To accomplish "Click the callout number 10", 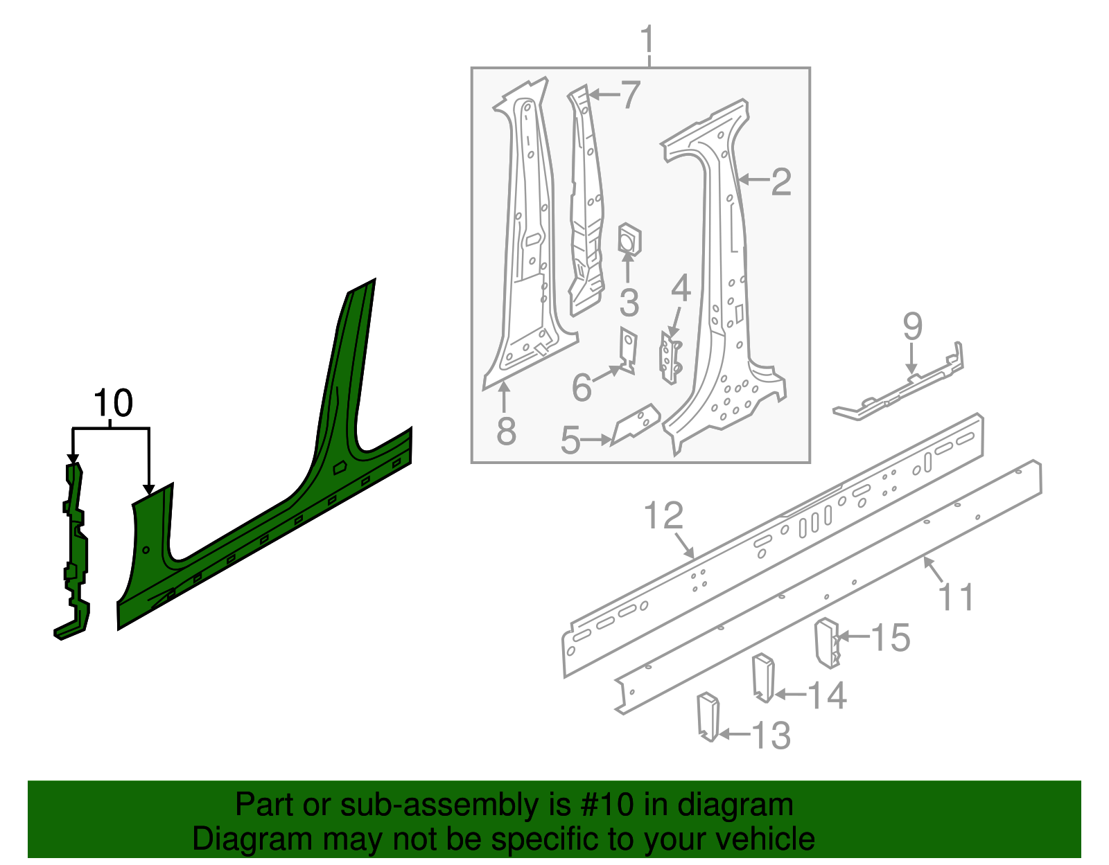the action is tap(113, 402).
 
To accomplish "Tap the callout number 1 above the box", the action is tap(647, 39).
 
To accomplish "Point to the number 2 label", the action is tap(781, 181).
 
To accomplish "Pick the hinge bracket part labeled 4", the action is tap(671, 356).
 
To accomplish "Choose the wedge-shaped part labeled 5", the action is tap(635, 425).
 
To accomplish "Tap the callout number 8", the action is tap(506, 431).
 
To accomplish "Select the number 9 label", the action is tap(913, 326).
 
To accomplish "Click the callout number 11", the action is tap(956, 597).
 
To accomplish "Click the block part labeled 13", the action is tap(708, 716).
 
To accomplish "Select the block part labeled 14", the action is tap(764, 678).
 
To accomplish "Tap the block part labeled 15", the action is tap(828, 643).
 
